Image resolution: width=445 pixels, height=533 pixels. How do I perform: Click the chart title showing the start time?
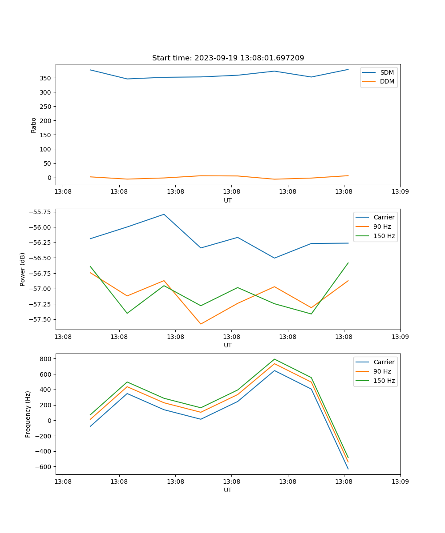coord(228,58)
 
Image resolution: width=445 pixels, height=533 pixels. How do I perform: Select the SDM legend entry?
coord(387,72)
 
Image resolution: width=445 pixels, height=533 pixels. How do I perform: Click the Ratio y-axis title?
coord(34,125)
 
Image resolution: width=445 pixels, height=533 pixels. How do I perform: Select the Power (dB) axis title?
coord(23,269)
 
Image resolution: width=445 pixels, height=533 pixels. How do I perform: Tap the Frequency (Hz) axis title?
coord(28,414)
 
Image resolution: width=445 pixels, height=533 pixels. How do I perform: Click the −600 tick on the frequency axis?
coord(44,467)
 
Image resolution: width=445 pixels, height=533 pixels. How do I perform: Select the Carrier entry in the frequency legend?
coord(384,362)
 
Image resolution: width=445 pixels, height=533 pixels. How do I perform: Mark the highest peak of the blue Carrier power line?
coord(164,214)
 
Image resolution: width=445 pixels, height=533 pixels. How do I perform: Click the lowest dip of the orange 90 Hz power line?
coord(201,324)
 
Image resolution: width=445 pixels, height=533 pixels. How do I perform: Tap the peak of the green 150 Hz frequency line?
coord(274,359)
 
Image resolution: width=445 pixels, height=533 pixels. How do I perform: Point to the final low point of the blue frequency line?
coord(348,469)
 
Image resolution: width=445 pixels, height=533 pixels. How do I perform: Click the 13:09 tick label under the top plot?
coord(400,192)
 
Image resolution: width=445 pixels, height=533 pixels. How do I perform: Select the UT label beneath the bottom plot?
coord(228,490)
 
